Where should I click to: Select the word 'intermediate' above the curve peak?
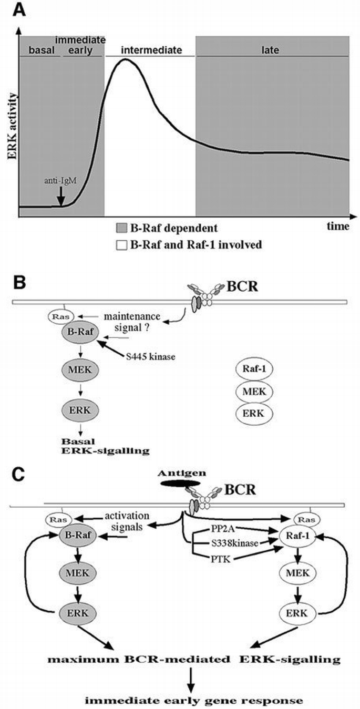point(150,50)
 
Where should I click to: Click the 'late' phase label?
point(272,50)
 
